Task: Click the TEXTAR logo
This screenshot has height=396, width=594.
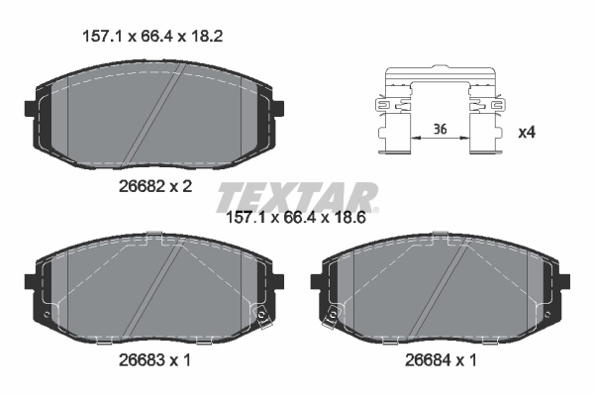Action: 296,194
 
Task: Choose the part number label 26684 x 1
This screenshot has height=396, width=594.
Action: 438,361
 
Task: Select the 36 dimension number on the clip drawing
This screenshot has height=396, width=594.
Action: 440,128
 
